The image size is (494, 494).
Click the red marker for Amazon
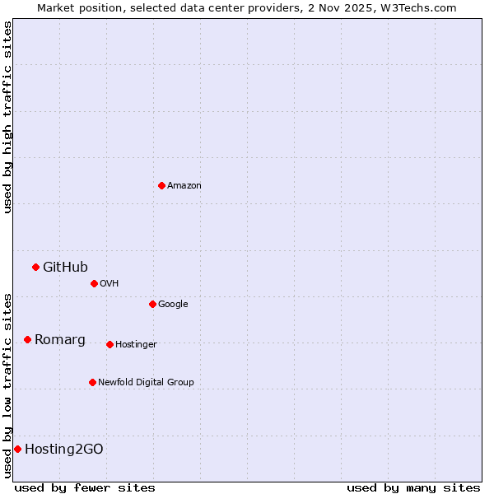(161, 185)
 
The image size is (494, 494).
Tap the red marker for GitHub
(35, 267)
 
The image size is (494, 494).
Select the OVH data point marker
(94, 283)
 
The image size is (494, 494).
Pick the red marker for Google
(152, 304)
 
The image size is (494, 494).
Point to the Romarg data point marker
(27, 339)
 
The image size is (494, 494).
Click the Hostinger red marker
(110, 344)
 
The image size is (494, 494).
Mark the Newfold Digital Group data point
(92, 382)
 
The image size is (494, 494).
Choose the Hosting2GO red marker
(17, 449)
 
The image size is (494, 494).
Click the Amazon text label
(184, 186)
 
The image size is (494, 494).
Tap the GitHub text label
(65, 267)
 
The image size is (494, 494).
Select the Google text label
(173, 305)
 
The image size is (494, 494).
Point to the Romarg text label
(59, 339)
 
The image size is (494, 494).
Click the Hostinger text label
(136, 345)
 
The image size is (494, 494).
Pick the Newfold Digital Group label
(146, 382)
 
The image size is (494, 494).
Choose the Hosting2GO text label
(64, 449)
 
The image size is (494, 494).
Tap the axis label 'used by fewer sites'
(85, 487)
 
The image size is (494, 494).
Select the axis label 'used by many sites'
(413, 487)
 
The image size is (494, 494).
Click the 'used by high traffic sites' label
(7, 117)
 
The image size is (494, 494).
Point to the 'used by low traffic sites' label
(7, 384)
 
